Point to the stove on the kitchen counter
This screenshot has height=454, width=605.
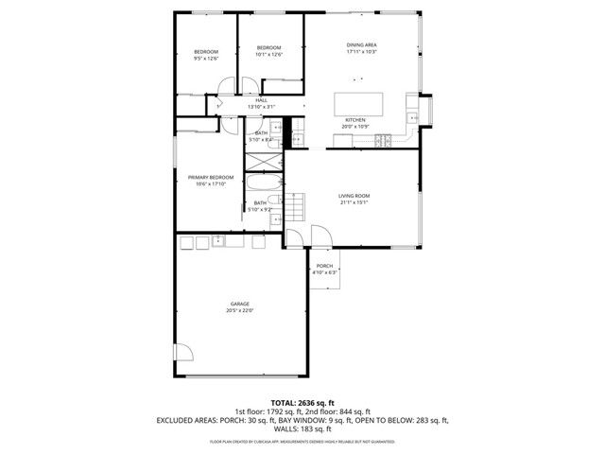click(385, 141)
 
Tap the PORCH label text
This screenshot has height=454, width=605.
click(324, 266)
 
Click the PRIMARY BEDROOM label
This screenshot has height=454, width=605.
click(211, 177)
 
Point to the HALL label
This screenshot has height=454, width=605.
click(261, 100)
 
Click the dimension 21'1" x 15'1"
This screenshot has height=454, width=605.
click(354, 202)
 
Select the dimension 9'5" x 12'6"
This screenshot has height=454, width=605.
click(206, 59)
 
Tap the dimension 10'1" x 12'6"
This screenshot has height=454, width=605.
click(269, 55)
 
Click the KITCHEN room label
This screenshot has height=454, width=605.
click(354, 120)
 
